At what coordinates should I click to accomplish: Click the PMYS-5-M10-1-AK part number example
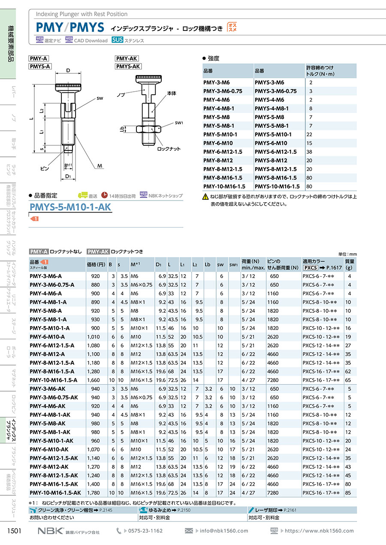(70, 207)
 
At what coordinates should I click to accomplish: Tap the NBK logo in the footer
(51, 530)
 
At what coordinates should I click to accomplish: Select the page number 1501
(15, 530)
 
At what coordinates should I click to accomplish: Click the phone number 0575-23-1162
(145, 530)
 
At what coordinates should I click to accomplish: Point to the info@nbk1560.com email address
(224, 530)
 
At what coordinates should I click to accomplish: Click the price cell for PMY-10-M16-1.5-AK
(93, 493)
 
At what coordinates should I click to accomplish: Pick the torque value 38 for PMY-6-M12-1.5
(309, 152)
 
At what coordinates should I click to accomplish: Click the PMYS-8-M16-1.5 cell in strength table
(276, 178)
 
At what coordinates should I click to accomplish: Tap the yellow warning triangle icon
(205, 196)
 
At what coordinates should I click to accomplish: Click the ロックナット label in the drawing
(169, 149)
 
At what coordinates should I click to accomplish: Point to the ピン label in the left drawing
(45, 168)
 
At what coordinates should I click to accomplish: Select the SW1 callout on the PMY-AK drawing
(179, 123)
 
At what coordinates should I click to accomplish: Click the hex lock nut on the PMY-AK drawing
(148, 129)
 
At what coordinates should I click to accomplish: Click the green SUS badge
(118, 40)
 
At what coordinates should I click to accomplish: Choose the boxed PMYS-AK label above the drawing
(128, 66)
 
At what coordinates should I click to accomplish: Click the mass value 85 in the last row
(348, 493)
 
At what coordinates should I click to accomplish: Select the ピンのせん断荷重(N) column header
(283, 264)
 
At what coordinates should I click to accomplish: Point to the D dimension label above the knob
(68, 70)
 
